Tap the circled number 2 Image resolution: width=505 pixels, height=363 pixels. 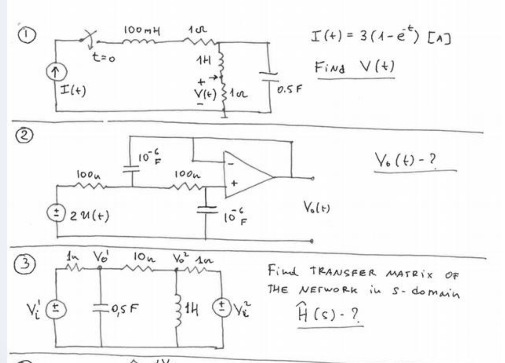point(24,136)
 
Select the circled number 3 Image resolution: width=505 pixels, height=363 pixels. point(25,264)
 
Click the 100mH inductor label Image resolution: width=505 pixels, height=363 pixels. point(142,30)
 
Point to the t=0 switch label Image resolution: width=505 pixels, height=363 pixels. point(104,58)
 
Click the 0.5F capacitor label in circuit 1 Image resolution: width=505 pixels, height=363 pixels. point(289,89)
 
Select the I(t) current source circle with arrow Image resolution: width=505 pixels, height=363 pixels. point(56,72)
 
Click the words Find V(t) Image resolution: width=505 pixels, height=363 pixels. point(355,67)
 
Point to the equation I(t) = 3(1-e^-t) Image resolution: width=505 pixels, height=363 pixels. point(380,36)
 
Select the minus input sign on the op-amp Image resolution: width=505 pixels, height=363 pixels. point(231,163)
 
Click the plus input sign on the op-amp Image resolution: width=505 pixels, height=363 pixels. point(233,183)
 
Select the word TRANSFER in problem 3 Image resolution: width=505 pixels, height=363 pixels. point(343,273)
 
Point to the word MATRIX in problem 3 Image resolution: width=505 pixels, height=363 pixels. point(409,274)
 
